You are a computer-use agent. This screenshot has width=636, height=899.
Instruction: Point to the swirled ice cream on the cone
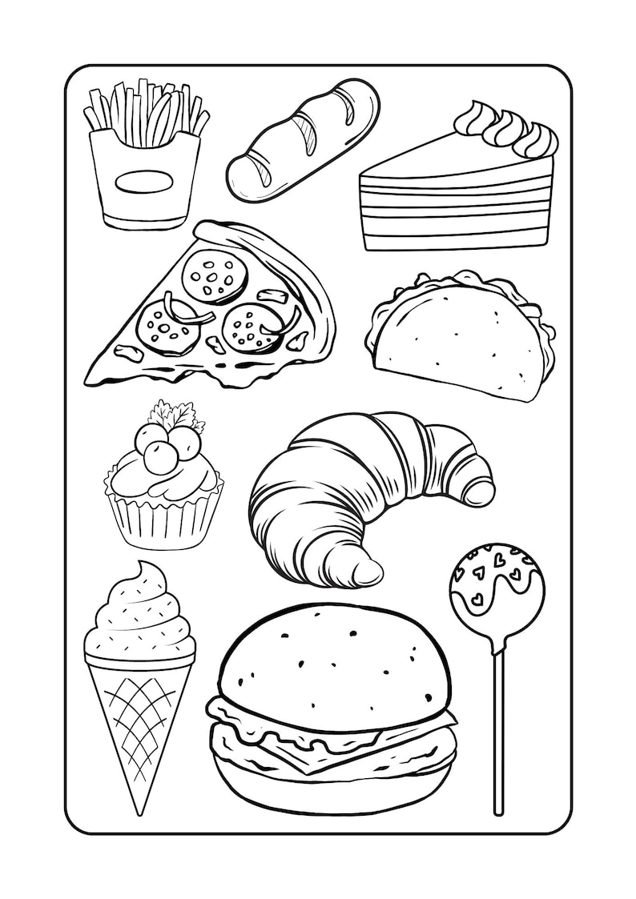141,616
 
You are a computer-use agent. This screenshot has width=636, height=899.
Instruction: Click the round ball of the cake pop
496,588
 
